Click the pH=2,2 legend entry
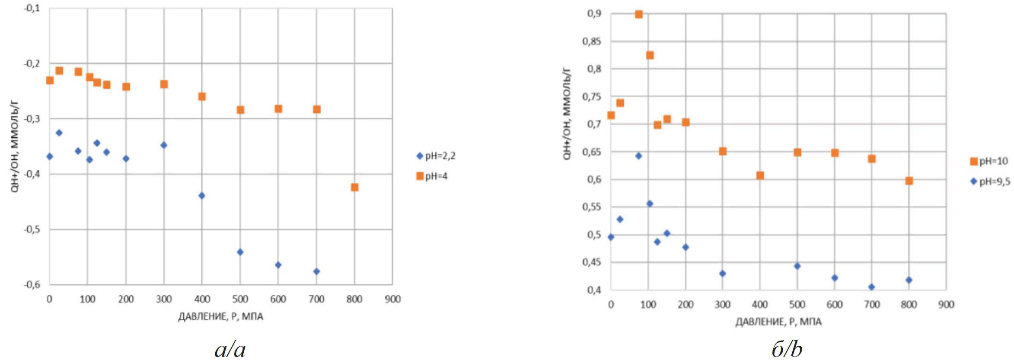(436, 156)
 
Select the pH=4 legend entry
(432, 176)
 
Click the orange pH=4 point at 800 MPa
(354, 187)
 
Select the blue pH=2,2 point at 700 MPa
(316, 271)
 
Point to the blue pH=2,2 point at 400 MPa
(202, 196)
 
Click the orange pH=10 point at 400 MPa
(760, 175)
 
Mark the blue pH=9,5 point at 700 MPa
(871, 287)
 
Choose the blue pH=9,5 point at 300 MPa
(722, 274)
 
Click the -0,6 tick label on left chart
(32, 284)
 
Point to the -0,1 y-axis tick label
(32, 9)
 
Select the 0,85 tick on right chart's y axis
(591, 41)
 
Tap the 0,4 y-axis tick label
(594, 290)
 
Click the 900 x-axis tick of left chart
(392, 299)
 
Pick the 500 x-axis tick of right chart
(797, 305)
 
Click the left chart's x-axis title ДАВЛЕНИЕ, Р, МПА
(220, 317)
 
